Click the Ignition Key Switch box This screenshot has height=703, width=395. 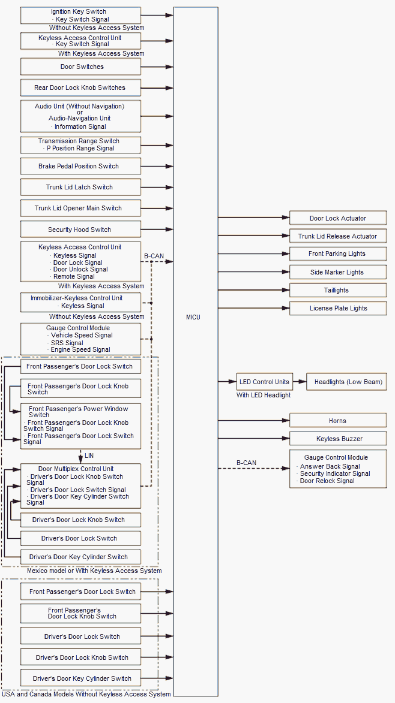(x=80, y=16)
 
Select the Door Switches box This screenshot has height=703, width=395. (x=80, y=67)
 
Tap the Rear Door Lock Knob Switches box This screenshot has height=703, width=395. (x=80, y=88)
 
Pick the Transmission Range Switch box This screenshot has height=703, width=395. (x=80, y=145)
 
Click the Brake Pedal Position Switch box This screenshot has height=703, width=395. (x=80, y=166)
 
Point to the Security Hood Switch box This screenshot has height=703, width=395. (x=80, y=230)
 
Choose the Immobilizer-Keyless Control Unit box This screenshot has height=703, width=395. (x=80, y=302)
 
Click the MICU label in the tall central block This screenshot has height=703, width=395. (x=193, y=317)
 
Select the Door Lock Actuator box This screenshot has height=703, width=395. (x=337, y=218)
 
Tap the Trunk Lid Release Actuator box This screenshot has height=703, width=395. (x=337, y=236)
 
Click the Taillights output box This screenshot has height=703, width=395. (x=337, y=290)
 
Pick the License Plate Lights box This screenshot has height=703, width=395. (x=337, y=308)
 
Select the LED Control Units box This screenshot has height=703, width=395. (x=264, y=382)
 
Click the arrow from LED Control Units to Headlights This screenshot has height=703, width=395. (x=300, y=382)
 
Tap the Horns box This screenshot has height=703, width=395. (x=337, y=421)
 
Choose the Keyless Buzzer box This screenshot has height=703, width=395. (x=337, y=439)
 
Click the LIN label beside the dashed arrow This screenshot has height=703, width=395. (x=89, y=456)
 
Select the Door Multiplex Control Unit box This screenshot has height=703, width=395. (x=80, y=485)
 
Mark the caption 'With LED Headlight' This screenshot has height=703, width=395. (x=264, y=395)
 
